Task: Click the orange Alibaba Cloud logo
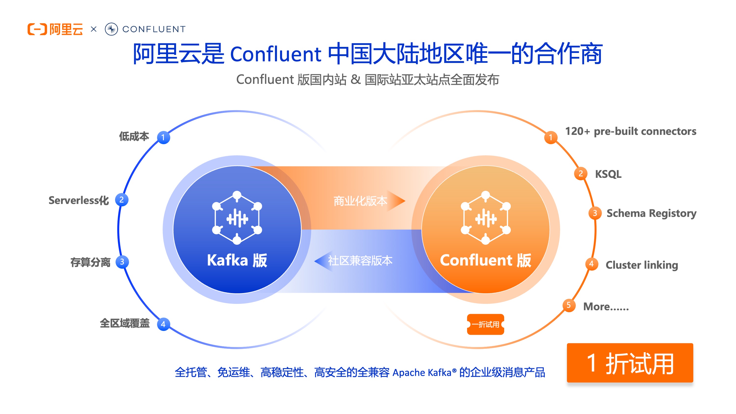(55, 29)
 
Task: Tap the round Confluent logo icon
(111, 29)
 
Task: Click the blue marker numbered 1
(163, 137)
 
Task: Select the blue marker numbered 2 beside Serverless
(122, 200)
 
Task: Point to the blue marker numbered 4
(163, 324)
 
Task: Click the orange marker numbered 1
(551, 137)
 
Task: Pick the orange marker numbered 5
(569, 305)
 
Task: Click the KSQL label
(608, 174)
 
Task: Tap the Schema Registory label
(651, 213)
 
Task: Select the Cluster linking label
(642, 265)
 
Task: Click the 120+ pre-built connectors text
(631, 131)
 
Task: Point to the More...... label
(606, 307)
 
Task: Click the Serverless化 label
(79, 200)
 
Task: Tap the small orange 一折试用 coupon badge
(486, 324)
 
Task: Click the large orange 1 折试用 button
(630, 363)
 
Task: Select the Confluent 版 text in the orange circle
(486, 260)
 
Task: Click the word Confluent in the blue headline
(276, 54)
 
